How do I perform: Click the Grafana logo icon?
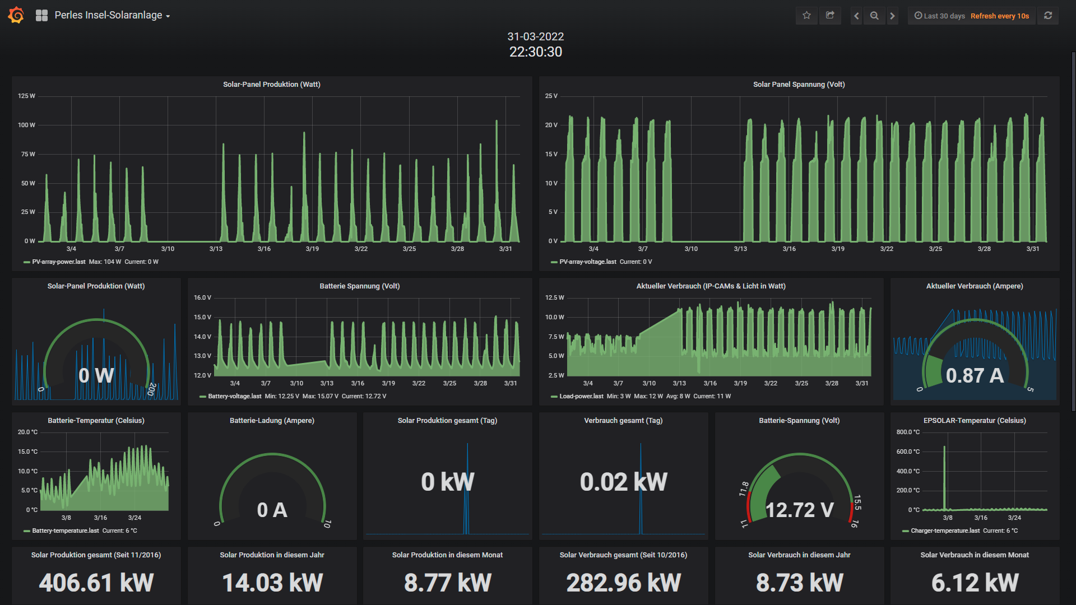coord(16,15)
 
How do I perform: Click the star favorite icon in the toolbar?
coord(806,16)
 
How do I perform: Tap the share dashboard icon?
coord(830,16)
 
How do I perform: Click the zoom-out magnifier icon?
coord(874,16)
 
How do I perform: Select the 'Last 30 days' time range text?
coord(944,16)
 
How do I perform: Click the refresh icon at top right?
coord(1048,16)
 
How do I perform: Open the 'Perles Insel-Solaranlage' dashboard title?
coord(108,15)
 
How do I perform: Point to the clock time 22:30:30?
coord(536,52)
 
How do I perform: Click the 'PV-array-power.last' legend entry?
coord(59,262)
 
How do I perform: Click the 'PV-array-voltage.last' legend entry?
coord(588,262)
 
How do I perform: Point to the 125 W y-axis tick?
coord(26,96)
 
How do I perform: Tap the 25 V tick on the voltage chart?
coord(551,96)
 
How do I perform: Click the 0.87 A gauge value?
coord(975,375)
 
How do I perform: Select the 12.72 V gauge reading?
coord(800,510)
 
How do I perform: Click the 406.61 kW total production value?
coord(96,583)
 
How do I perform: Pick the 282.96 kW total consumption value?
coord(624,583)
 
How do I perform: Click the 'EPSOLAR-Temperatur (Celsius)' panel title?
coord(975,420)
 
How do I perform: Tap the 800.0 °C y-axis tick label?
coord(908,432)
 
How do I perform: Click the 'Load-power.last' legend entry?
coord(581,396)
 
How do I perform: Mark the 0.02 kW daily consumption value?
coord(624,482)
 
